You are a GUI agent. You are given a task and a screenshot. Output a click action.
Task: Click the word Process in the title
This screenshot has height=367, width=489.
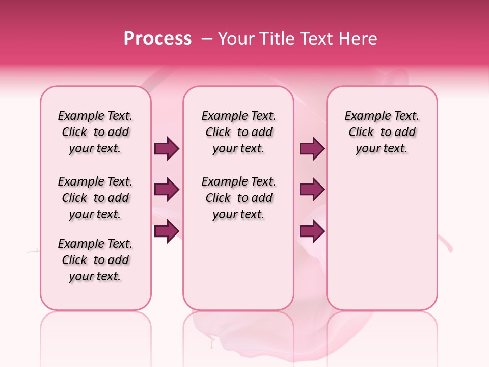coord(157,39)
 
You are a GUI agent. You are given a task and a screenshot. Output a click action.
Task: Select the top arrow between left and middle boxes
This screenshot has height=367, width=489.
coord(167,149)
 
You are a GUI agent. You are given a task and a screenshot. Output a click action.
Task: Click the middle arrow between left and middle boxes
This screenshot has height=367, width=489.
coord(167,190)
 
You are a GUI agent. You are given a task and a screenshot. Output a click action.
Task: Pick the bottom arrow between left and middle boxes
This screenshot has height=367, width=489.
coord(167,231)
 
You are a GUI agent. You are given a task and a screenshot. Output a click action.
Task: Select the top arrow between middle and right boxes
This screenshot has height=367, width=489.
coord(312,149)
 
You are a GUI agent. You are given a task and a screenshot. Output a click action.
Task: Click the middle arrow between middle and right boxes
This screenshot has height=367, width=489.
coord(312,190)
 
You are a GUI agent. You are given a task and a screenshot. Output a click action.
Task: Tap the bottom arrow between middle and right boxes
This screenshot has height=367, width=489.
coord(312,231)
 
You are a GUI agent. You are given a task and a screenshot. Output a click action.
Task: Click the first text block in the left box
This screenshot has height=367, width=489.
coord(95,132)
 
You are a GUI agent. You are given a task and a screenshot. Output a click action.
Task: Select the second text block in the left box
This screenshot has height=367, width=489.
coord(95,198)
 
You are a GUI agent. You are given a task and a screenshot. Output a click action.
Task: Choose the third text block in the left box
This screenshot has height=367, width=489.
coord(95,260)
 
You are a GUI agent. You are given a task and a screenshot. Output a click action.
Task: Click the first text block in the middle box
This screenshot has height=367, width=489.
coord(238,132)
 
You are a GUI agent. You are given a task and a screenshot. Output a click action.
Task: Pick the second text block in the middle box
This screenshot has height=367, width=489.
coord(238,198)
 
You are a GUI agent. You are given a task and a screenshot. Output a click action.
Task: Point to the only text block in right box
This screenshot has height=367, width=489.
coord(382,132)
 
